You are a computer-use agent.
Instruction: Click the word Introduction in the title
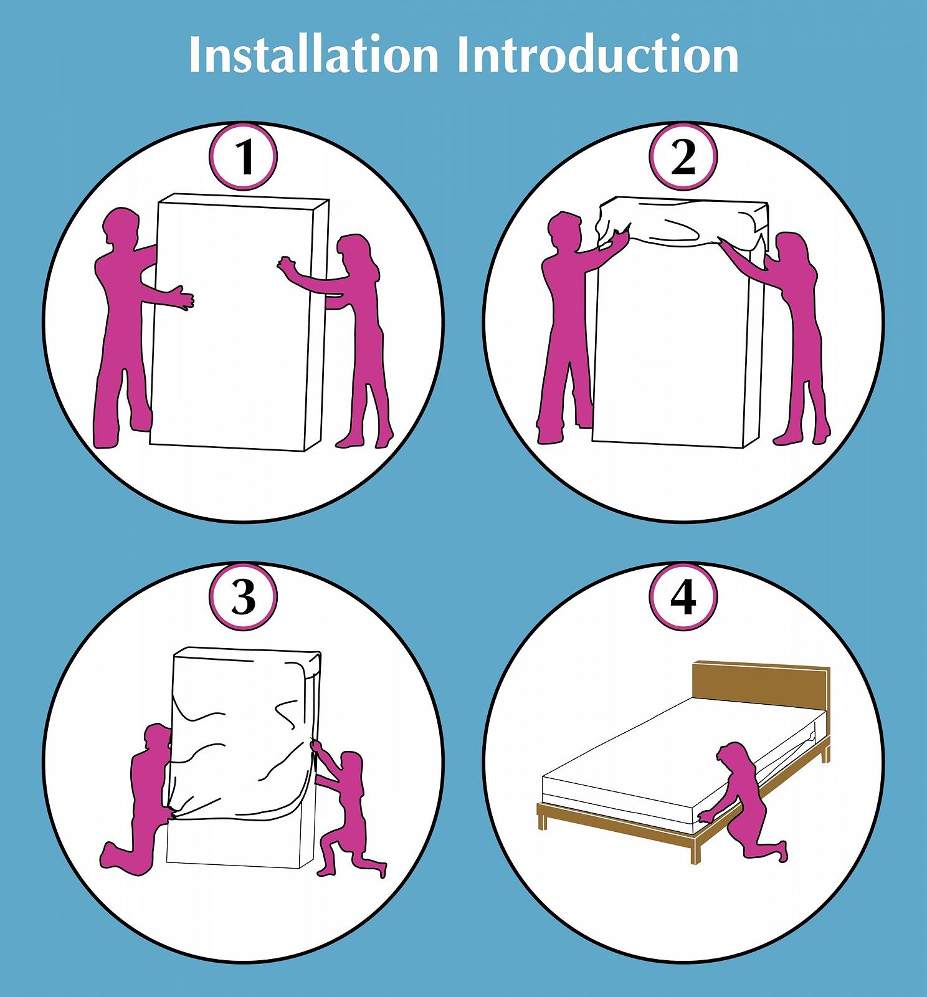(x=597, y=55)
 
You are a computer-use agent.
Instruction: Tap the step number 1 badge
(x=243, y=158)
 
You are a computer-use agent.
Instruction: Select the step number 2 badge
(x=683, y=158)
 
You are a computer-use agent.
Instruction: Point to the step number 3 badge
(x=243, y=597)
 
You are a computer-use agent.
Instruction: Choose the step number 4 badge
(x=683, y=597)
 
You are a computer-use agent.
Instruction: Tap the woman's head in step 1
(x=355, y=252)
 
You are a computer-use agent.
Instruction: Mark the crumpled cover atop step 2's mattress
(x=682, y=219)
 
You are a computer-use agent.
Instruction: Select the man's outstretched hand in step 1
(x=183, y=297)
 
